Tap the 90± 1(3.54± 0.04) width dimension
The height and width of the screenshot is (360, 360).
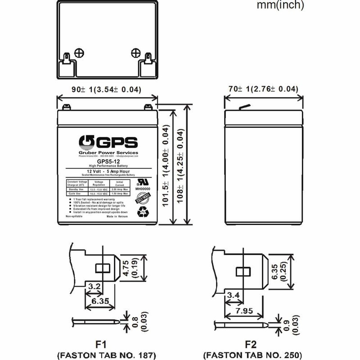click(x=107, y=90)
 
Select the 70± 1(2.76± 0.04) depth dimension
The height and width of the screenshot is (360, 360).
click(x=261, y=90)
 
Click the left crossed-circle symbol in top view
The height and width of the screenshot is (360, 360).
click(x=81, y=53)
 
